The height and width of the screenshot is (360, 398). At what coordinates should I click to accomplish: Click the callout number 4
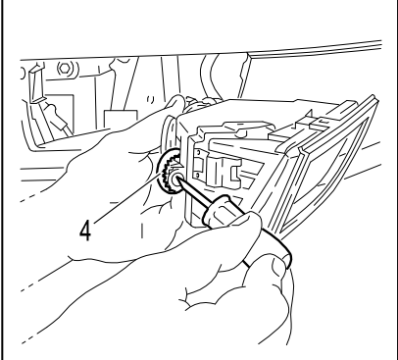click(x=85, y=231)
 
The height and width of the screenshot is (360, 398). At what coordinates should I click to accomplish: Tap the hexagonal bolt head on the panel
click(x=65, y=69)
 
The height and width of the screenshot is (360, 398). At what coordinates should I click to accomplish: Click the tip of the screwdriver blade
click(x=177, y=177)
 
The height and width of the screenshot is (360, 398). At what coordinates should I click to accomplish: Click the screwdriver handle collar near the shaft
click(x=217, y=210)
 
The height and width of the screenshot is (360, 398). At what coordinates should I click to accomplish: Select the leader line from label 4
click(x=127, y=198)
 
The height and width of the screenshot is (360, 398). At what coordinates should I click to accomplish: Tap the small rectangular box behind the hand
click(x=121, y=121)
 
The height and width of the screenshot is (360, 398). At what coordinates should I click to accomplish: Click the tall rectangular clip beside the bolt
click(x=36, y=84)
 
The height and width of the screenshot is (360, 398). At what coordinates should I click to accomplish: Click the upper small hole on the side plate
click(x=198, y=152)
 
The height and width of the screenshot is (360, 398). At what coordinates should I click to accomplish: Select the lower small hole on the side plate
click(x=198, y=176)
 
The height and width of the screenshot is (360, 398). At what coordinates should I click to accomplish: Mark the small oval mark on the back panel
click(x=151, y=99)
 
